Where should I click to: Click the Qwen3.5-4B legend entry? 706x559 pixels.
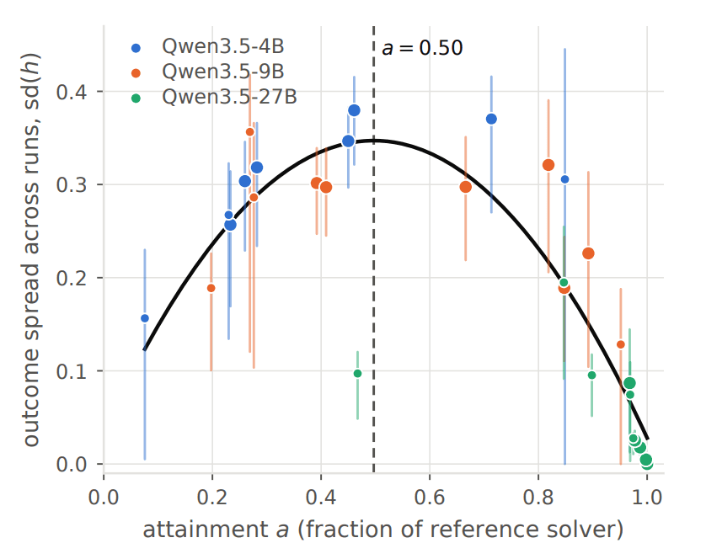tap(207, 46)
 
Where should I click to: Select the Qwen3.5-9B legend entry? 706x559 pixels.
tap(207, 72)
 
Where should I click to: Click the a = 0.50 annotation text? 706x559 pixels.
tap(422, 48)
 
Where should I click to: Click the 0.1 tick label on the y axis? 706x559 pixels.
tap(71, 371)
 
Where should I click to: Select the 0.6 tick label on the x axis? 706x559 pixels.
tap(430, 498)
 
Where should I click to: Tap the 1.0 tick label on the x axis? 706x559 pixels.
tap(646, 498)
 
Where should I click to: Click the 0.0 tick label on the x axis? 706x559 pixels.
tap(104, 498)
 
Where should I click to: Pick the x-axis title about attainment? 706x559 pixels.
tap(383, 530)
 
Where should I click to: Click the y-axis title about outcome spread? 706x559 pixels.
tap(31, 250)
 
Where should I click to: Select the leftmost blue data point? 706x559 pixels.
tap(145, 318)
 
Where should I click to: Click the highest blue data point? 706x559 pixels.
tap(354, 110)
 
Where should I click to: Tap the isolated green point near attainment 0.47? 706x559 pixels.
tap(357, 373)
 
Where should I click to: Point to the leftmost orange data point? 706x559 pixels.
tap(211, 288)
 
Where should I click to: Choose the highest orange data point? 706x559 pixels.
tap(250, 132)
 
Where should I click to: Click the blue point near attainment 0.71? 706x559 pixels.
tap(491, 119)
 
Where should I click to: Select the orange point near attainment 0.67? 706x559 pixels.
tap(466, 187)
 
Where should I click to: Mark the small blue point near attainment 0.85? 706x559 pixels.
tap(564, 179)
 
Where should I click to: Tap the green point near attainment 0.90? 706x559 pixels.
tap(591, 375)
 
